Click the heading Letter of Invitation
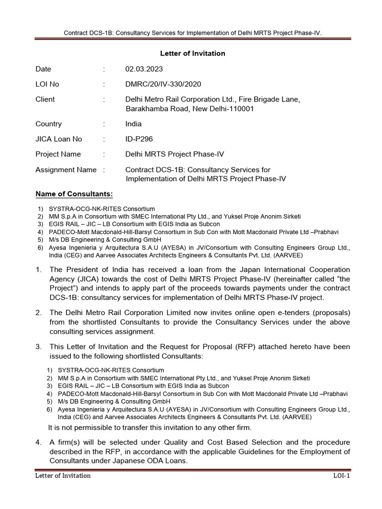point(192,53)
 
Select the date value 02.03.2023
point(144,69)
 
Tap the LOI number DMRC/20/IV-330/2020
point(164,85)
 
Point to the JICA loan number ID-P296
point(139,139)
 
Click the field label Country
point(48,124)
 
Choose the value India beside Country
point(133,124)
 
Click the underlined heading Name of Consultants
point(74,193)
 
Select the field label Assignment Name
point(66,170)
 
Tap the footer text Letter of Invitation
point(63,476)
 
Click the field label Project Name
point(58,154)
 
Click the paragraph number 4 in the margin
point(38,442)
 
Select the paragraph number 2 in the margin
point(38,313)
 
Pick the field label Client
point(45,99)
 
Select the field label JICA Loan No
point(59,139)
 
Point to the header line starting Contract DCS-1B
point(192,33)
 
